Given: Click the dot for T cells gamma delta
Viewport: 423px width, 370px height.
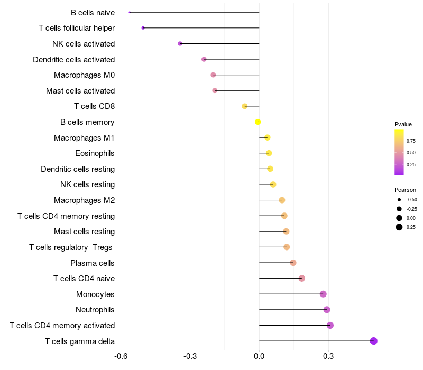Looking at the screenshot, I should (373, 341).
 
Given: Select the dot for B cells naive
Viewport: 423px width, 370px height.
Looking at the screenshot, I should (130, 12).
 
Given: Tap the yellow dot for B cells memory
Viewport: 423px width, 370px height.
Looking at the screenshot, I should (258, 122).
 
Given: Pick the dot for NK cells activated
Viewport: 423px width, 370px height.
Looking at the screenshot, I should (180, 43).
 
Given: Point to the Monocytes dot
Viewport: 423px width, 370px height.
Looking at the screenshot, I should (323, 294).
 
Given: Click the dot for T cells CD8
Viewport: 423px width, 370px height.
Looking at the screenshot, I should (245, 106).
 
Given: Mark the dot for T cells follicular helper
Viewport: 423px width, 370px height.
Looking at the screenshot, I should (143, 27).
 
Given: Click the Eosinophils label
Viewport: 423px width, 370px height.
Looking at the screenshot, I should (95, 153).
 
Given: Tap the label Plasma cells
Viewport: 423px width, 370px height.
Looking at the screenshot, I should (93, 263).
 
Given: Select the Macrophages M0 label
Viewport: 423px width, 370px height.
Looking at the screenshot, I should (85, 75).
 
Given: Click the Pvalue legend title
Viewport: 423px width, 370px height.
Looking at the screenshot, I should (403, 124).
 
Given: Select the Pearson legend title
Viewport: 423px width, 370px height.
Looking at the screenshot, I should (405, 190).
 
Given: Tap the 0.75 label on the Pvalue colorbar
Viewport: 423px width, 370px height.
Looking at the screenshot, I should (411, 141).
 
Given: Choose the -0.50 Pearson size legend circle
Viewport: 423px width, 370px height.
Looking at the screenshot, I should (399, 200).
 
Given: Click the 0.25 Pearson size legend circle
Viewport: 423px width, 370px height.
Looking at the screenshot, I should (399, 227).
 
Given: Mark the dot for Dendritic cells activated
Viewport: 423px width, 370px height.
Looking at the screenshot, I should (204, 59).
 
